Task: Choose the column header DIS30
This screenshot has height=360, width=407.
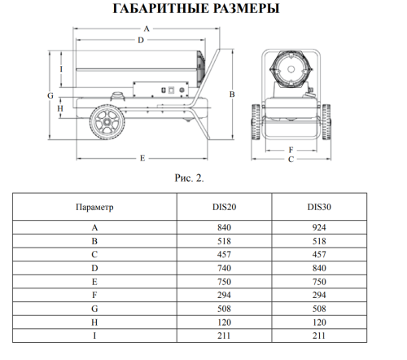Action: coord(319,208)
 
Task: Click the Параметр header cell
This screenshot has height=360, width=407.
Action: coord(94,208)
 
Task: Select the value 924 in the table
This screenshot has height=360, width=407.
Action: coord(319,229)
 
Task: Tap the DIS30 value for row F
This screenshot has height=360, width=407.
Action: coord(319,295)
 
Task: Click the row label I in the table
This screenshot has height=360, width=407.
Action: coord(94,334)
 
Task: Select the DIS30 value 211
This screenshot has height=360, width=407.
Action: coord(319,334)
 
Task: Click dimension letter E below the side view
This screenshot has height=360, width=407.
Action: coord(142,156)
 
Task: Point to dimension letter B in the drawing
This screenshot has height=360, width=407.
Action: coord(232,94)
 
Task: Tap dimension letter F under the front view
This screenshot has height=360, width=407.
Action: coord(291,150)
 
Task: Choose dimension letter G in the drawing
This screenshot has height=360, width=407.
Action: coord(50,95)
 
